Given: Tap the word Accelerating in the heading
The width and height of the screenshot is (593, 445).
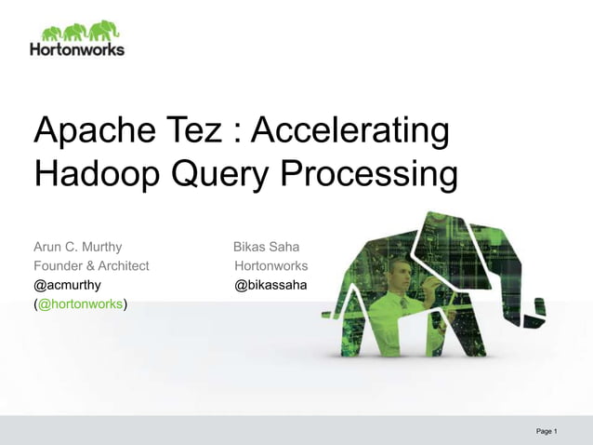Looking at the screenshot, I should (351, 131).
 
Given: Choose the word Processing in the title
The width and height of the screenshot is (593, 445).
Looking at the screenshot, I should (370, 174).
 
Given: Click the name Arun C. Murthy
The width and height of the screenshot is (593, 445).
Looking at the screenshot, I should (78, 247).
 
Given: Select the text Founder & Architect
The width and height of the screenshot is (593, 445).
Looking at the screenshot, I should (91, 265).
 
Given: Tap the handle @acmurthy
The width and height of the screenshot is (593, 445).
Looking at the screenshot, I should (68, 285).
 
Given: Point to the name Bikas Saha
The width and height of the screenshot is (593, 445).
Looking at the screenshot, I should (266, 247).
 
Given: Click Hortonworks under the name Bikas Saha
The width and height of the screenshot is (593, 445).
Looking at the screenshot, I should (270, 265).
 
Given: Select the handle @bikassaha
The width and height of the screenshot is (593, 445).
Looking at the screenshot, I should (270, 285).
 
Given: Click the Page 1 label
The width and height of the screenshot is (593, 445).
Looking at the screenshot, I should (547, 431).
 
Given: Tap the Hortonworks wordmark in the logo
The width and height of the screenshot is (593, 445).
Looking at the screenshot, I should (76, 48).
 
